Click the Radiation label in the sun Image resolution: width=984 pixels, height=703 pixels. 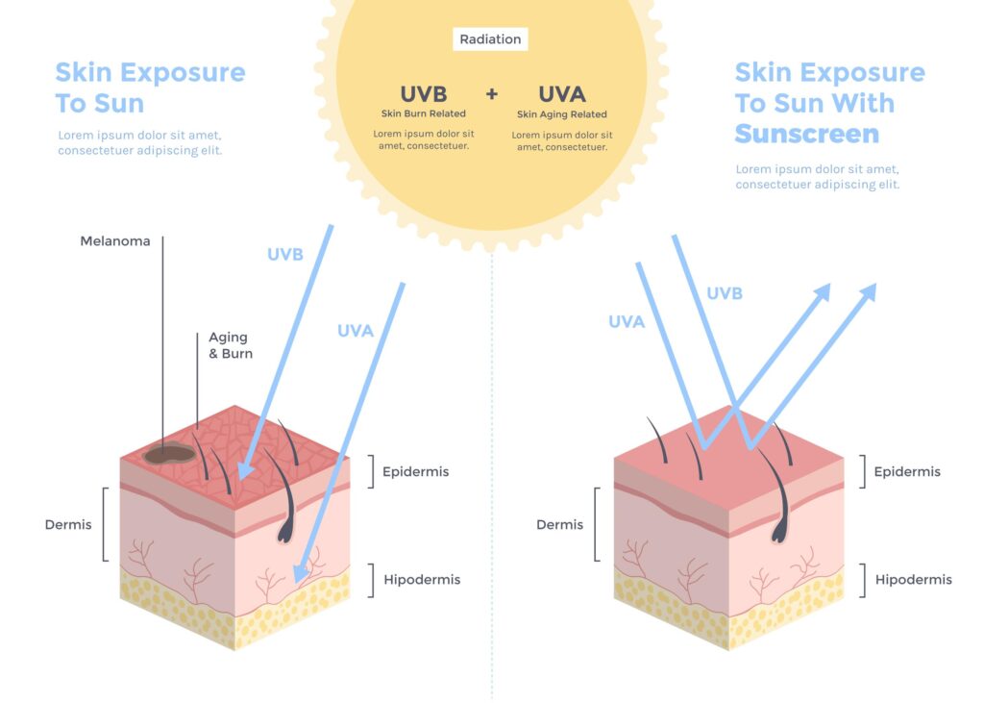(490, 39)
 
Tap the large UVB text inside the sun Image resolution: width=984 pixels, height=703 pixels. (424, 94)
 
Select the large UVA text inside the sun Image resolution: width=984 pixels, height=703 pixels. (562, 94)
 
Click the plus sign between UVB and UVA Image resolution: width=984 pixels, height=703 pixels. (492, 94)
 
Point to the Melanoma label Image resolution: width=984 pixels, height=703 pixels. (115, 241)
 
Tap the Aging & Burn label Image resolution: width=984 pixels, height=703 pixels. (231, 345)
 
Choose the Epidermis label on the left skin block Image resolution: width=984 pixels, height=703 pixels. (415, 471)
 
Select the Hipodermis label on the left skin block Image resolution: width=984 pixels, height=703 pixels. (422, 579)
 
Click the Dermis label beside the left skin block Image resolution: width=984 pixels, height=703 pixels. (68, 524)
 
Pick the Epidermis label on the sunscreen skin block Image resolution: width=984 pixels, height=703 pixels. (907, 471)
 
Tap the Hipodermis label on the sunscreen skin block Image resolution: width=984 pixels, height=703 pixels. (914, 579)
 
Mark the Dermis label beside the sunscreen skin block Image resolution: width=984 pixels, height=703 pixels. (560, 524)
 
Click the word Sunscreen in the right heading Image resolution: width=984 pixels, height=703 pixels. (807, 134)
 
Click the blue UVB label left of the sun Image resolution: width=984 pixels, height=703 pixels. (285, 255)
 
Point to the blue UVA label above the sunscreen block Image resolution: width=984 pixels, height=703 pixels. (627, 322)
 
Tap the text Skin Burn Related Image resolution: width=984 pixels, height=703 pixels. (424, 113)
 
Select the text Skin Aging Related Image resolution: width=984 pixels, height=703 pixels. (562, 114)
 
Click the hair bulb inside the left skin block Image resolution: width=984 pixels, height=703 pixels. (285, 530)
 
